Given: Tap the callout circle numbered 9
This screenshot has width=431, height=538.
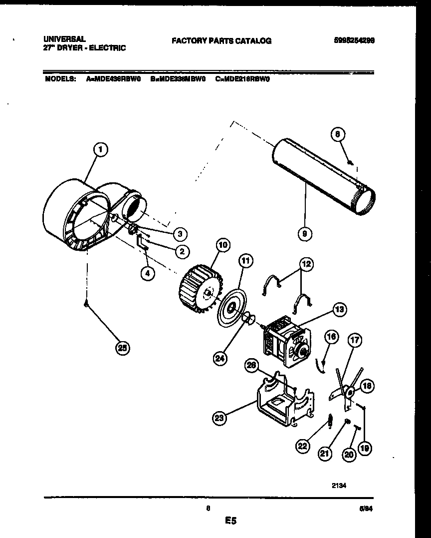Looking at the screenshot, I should click(304, 232).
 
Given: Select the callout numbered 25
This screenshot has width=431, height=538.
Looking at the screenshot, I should click(121, 349).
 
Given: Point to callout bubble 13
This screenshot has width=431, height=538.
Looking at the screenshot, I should click(339, 310).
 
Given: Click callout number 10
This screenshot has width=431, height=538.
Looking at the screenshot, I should click(222, 245).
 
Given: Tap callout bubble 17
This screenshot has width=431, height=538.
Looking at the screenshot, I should click(354, 342).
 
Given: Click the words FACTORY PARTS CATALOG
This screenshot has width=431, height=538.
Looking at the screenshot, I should click(221, 41).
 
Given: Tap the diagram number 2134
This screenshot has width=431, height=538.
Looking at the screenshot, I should click(339, 484).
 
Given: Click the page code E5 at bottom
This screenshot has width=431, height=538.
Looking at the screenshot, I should click(230, 521).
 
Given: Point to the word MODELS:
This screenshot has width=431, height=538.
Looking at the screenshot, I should click(60, 78).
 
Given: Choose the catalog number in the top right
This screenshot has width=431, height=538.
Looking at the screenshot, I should click(353, 41).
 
